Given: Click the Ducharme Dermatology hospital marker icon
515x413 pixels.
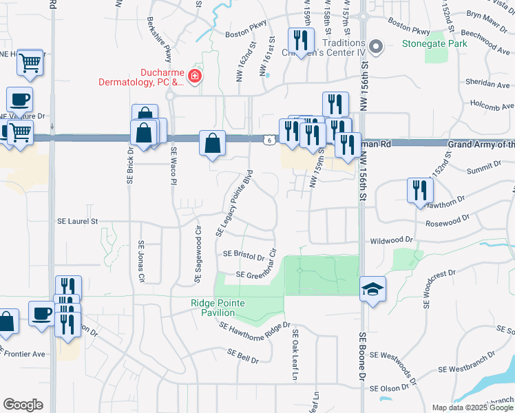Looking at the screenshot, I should click(195, 76).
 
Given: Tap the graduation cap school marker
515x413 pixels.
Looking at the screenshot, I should click(372, 289).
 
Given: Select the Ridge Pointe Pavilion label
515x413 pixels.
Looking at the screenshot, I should click(217, 308).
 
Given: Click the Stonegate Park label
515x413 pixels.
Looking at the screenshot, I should click(434, 44).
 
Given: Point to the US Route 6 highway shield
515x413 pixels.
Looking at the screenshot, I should click(269, 140).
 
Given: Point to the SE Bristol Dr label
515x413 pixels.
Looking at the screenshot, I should click(244, 255).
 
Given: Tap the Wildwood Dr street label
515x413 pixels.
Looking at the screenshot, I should click(391, 241).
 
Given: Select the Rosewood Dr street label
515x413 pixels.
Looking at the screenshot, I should click(447, 221).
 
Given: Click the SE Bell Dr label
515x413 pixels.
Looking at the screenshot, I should click(243, 355).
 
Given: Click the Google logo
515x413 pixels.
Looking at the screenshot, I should click(23, 405).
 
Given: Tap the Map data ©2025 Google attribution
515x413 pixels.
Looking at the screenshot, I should click(472, 407).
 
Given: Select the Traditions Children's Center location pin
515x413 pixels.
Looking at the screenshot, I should click(375, 47).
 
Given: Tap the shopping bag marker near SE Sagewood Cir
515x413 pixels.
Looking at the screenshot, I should click(213, 144).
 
